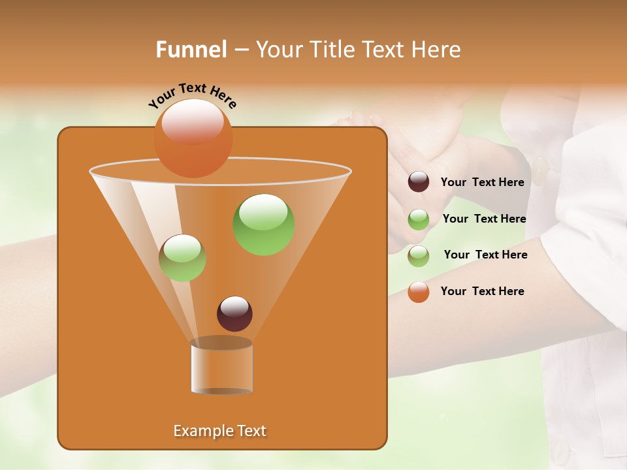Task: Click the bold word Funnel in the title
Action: [191, 50]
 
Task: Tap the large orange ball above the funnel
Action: [193, 138]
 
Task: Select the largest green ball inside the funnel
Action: [263, 225]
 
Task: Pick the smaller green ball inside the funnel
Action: [182, 258]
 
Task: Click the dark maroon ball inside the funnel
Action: [234, 313]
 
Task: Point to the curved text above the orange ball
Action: [192, 95]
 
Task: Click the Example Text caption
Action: [219, 431]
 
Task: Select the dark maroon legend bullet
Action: [419, 182]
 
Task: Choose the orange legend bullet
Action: [419, 292]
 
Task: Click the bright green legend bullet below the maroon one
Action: [419, 219]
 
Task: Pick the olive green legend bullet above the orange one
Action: [419, 256]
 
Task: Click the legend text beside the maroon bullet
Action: [482, 183]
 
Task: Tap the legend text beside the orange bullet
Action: [482, 291]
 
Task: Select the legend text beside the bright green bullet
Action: [484, 219]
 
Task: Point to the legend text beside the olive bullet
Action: [485, 255]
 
